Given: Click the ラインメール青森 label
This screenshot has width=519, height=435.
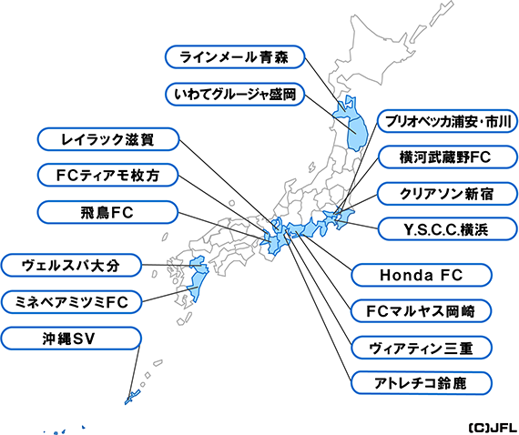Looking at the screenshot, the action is pyautogui.click(x=234, y=57).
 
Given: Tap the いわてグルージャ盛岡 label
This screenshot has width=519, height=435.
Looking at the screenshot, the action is pyautogui.click(x=234, y=95).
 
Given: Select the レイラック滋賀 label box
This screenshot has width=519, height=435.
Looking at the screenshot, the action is pyautogui.click(x=108, y=139).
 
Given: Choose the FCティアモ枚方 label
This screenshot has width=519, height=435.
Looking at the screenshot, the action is pyautogui.click(x=108, y=175).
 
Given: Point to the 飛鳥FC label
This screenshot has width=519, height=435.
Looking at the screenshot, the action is pyautogui.click(x=107, y=212).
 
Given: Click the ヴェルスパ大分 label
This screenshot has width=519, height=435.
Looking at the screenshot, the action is pyautogui.click(x=71, y=266).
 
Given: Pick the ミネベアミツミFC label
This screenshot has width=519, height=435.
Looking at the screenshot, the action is pyautogui.click(x=71, y=302).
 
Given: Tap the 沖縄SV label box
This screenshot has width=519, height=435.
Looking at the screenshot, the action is pyautogui.click(x=71, y=339).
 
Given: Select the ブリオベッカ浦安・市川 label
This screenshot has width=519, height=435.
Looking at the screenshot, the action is pyautogui.click(x=447, y=121).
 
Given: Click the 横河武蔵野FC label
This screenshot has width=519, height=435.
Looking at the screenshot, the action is pyautogui.click(x=447, y=157).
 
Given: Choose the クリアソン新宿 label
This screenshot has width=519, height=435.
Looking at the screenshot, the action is pyautogui.click(x=447, y=194).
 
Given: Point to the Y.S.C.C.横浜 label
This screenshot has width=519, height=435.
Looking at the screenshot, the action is pyautogui.click(x=447, y=229).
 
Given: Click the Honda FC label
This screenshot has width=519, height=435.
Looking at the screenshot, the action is pyautogui.click(x=421, y=275).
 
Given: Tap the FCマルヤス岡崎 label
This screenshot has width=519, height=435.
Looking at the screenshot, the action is pyautogui.click(x=421, y=311).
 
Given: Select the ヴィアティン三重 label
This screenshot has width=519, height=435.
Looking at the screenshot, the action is pyautogui.click(x=421, y=348).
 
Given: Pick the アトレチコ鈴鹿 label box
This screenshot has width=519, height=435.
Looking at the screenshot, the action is pyautogui.click(x=421, y=383).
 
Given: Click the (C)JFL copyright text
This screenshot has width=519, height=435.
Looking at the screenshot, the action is pyautogui.click(x=493, y=428).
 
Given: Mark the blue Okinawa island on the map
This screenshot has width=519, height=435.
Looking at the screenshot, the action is pyautogui.click(x=132, y=397).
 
